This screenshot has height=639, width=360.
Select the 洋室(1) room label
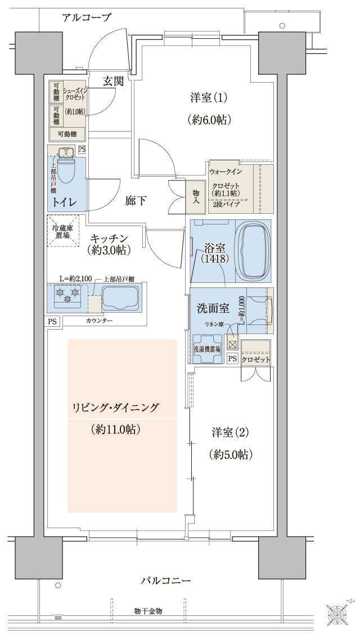[208, 98]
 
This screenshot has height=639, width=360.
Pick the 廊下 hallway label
[136, 200]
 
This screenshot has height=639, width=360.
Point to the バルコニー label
[166, 580]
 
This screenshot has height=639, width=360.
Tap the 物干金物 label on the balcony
[148, 610]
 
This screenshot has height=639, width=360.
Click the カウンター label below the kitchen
[99, 320]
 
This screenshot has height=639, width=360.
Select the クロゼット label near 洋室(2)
[255, 359]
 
